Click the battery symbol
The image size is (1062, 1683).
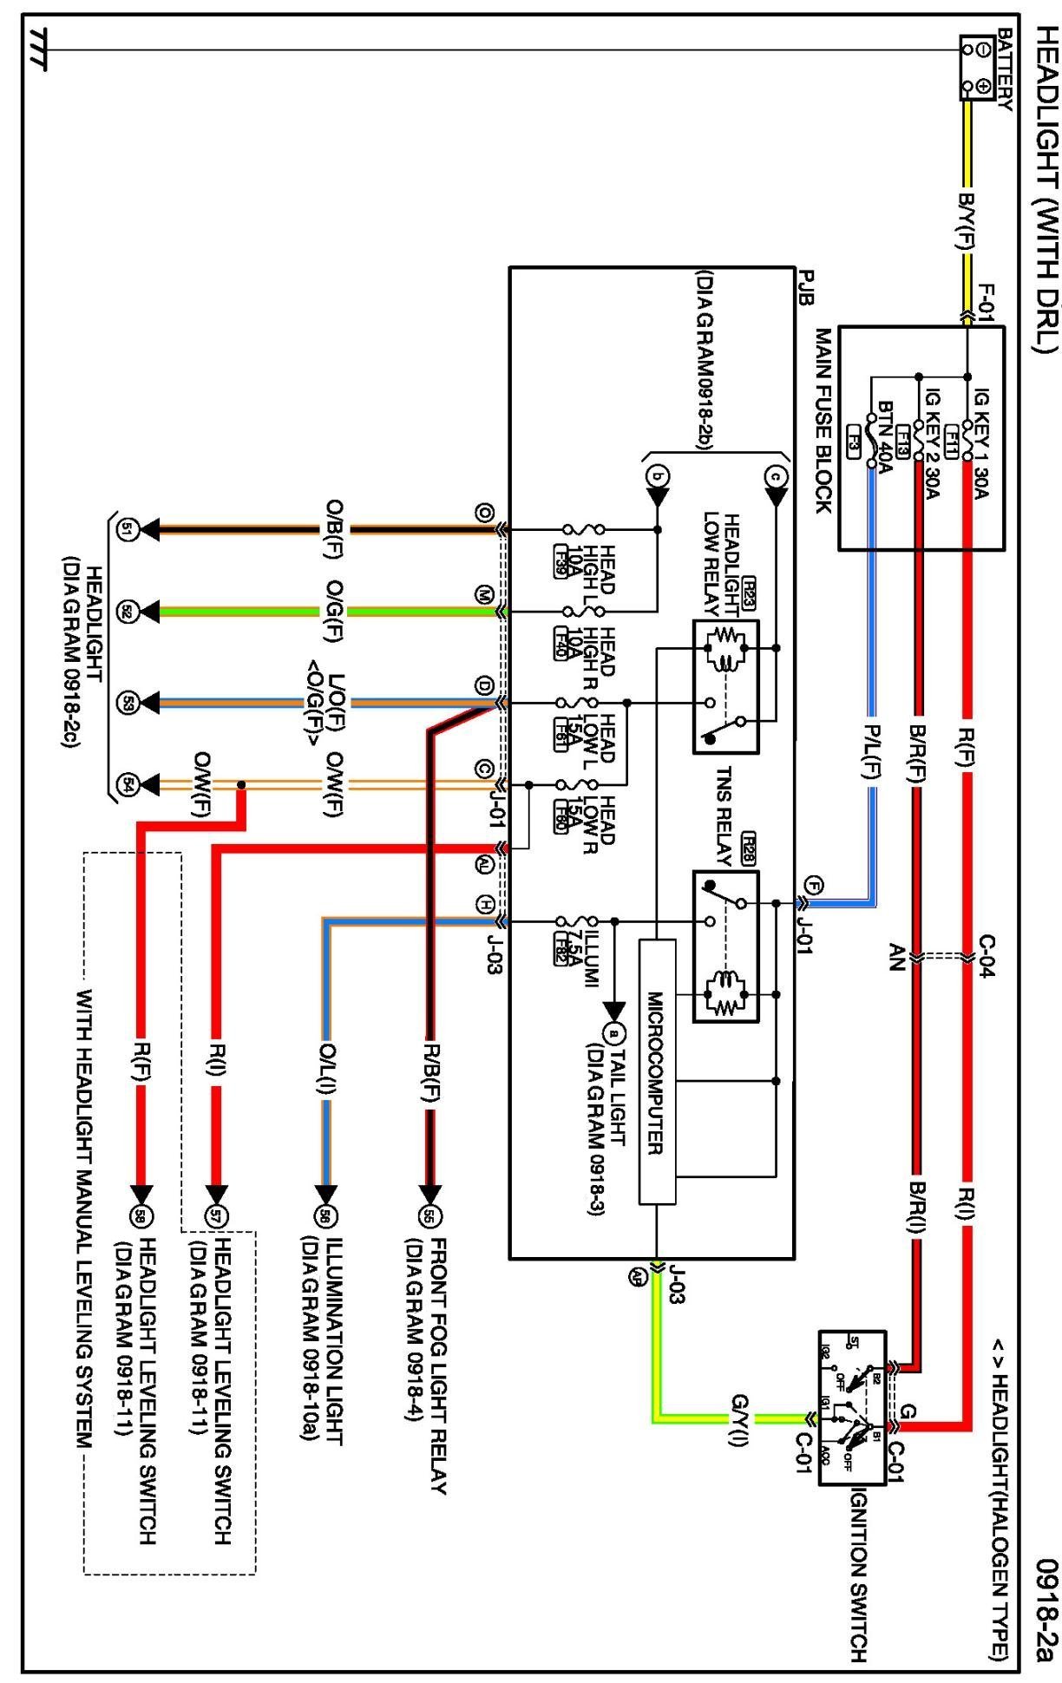pyautogui.click(x=976, y=68)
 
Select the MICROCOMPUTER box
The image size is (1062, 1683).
pyautogui.click(x=657, y=1071)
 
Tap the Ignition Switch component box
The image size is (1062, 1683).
pyautogui.click(x=852, y=1407)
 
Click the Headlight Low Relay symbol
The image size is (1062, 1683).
pyautogui.click(x=725, y=685)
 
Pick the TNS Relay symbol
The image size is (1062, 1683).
pyautogui.click(x=725, y=946)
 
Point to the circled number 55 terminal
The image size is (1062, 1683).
pyautogui.click(x=428, y=1216)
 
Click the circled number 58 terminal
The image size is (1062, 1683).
pyautogui.click(x=140, y=1216)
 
